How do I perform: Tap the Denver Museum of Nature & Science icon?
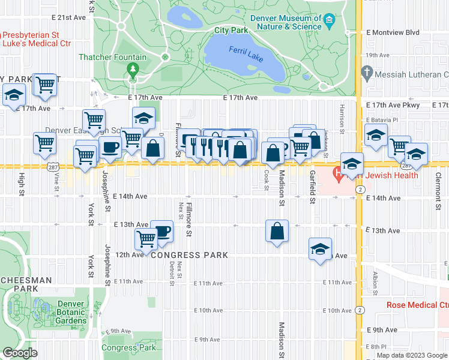(x=330, y=22)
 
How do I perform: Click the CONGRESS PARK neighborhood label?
(x=189, y=255)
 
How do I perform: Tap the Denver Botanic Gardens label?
(x=71, y=312)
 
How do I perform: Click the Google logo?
(x=20, y=353)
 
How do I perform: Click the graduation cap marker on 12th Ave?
(x=321, y=248)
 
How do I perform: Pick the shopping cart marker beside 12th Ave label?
(x=146, y=239)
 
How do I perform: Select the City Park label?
(x=231, y=29)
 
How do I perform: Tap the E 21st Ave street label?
(x=68, y=18)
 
